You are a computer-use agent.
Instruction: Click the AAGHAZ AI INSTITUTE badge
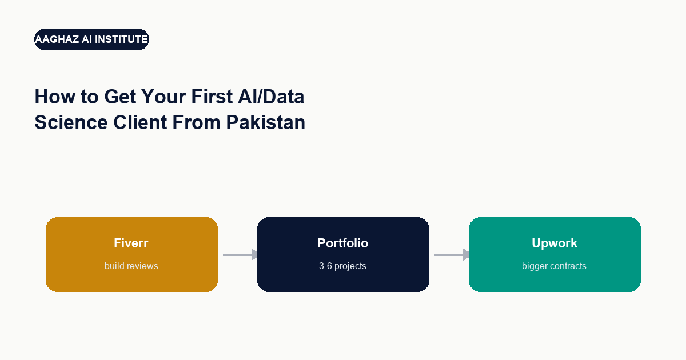(x=91, y=39)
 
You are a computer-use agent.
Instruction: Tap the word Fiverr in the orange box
(x=131, y=243)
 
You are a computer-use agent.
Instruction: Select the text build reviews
(x=131, y=266)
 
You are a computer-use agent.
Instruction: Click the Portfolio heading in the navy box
(x=342, y=243)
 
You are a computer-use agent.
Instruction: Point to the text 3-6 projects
(x=342, y=266)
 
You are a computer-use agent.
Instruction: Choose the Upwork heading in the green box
(x=555, y=243)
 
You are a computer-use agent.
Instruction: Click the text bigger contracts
(x=554, y=266)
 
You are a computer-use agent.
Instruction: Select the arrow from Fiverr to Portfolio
(x=240, y=255)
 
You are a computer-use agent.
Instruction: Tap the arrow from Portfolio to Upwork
(x=452, y=255)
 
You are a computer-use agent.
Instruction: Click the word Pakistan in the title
(x=265, y=122)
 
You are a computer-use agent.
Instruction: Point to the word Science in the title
(x=71, y=122)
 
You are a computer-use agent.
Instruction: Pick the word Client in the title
(x=140, y=122)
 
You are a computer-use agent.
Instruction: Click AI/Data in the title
(x=271, y=97)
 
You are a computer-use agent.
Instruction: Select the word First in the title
(x=212, y=97)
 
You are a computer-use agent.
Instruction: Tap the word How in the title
(x=55, y=97)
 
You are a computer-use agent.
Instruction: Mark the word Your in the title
(x=163, y=97)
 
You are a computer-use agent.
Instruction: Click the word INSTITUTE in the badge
(x=121, y=39)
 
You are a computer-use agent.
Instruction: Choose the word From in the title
(x=196, y=122)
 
